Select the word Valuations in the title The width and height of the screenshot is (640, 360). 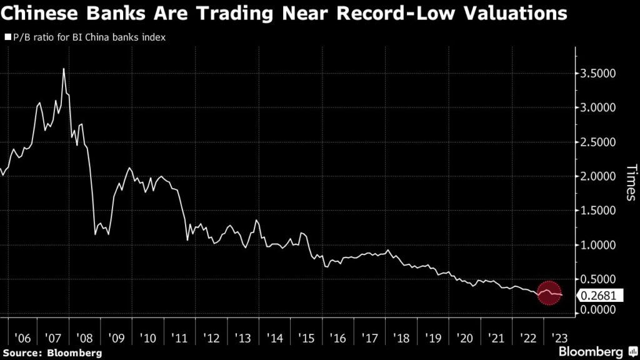[x=515, y=13]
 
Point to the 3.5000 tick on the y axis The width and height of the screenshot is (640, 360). [x=599, y=74]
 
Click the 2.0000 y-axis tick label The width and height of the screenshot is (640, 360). [x=599, y=176]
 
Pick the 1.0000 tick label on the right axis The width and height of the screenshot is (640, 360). [x=599, y=245]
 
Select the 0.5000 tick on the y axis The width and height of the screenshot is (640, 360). [x=599, y=279]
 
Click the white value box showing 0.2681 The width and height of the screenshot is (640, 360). [x=602, y=296]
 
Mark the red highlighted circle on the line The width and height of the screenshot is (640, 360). [x=548, y=293]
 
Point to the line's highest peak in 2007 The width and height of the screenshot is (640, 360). [x=64, y=69]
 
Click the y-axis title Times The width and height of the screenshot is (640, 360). [x=631, y=182]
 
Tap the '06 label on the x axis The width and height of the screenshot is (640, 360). [x=22, y=338]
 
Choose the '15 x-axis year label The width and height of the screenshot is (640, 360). [x=307, y=338]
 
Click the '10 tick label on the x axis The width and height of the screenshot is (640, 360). [x=149, y=338]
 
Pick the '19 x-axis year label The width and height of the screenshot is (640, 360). [x=433, y=338]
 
